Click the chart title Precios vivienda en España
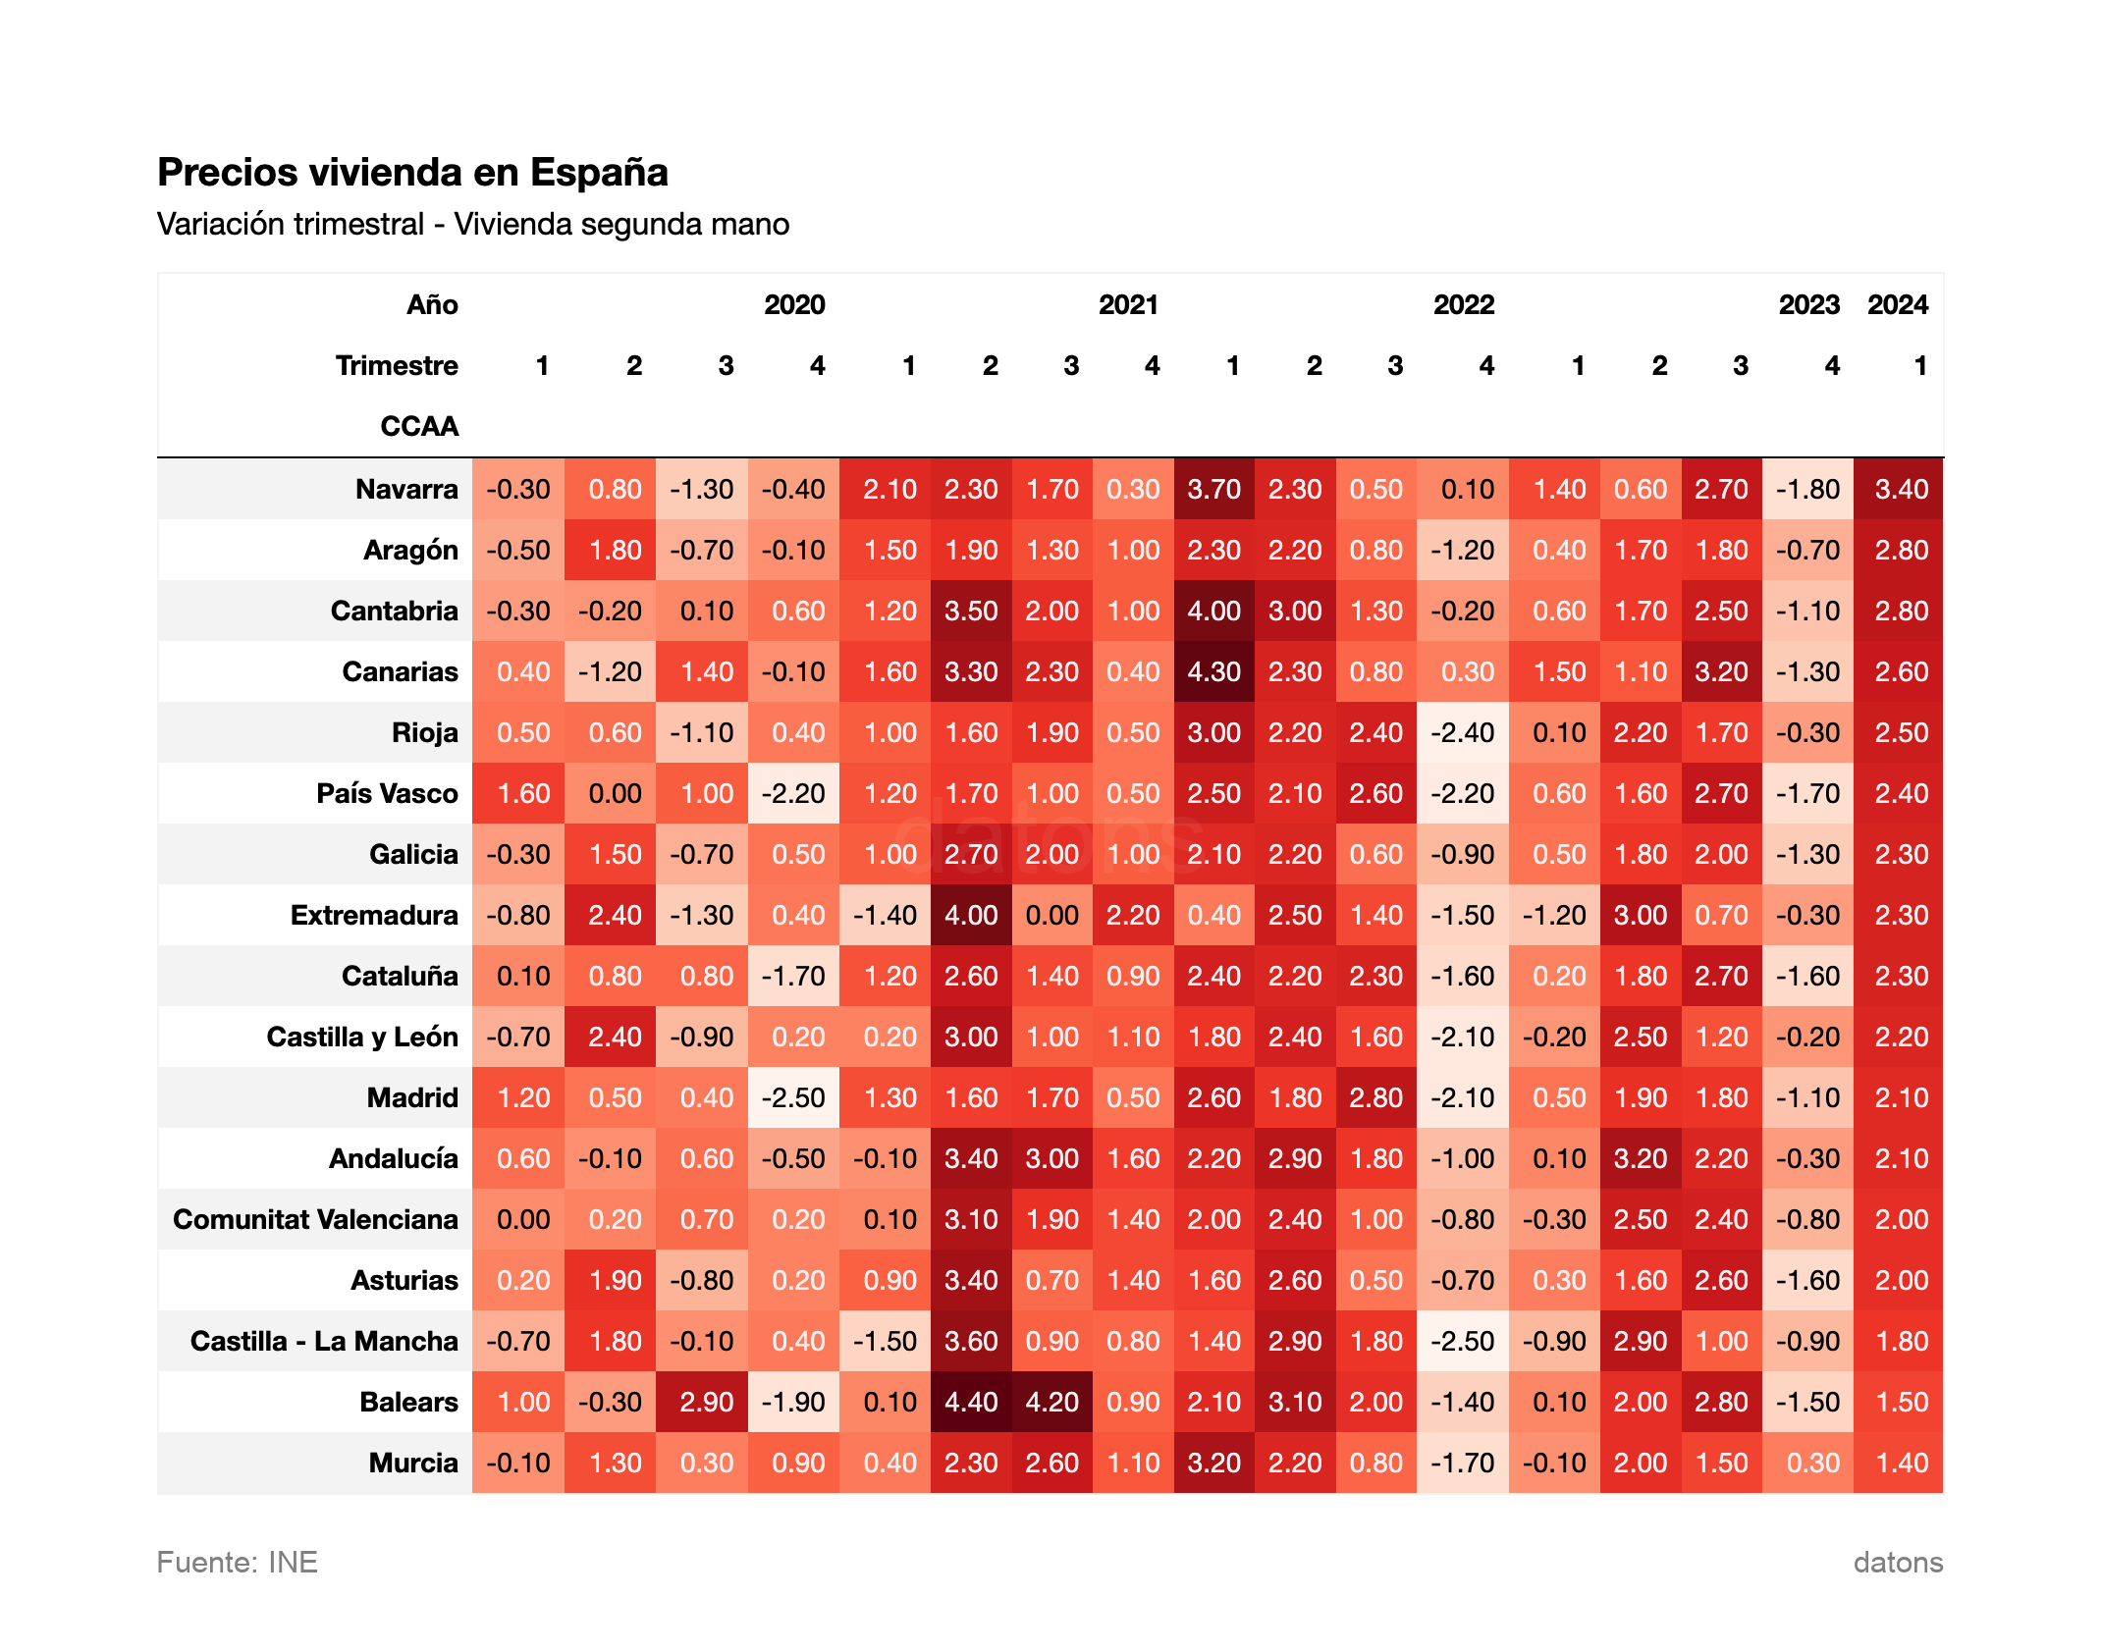412,172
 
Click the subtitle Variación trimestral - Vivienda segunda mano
472,224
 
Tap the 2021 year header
1128,304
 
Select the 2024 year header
1897,304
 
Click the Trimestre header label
397,365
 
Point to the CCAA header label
419,426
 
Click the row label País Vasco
387,793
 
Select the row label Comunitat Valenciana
315,1219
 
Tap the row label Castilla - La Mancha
324,1341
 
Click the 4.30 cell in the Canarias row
1213,671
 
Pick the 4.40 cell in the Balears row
971,1402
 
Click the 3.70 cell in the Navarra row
1213,489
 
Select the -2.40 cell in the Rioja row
1462,732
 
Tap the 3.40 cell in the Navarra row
1901,489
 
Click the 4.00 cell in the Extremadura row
971,915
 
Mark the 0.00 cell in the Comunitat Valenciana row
523,1219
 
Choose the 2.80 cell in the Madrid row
1375,1097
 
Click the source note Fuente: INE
237,1562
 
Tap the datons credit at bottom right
1897,1562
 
